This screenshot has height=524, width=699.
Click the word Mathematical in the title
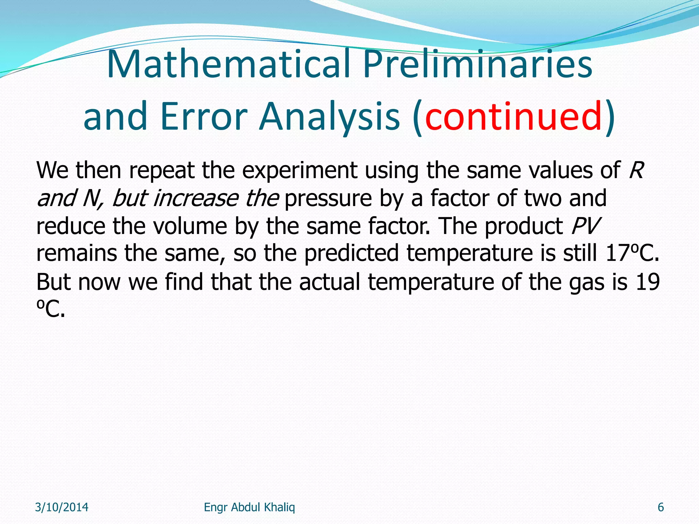point(228,65)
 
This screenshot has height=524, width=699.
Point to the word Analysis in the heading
point(329,117)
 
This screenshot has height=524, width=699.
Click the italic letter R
point(636,170)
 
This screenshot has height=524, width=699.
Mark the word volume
point(190,226)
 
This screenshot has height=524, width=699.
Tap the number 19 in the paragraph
point(647,282)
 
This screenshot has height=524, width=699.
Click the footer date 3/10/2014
point(62,507)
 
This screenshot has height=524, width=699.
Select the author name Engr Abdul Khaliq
point(249,507)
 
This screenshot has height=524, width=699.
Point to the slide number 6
point(661,507)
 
